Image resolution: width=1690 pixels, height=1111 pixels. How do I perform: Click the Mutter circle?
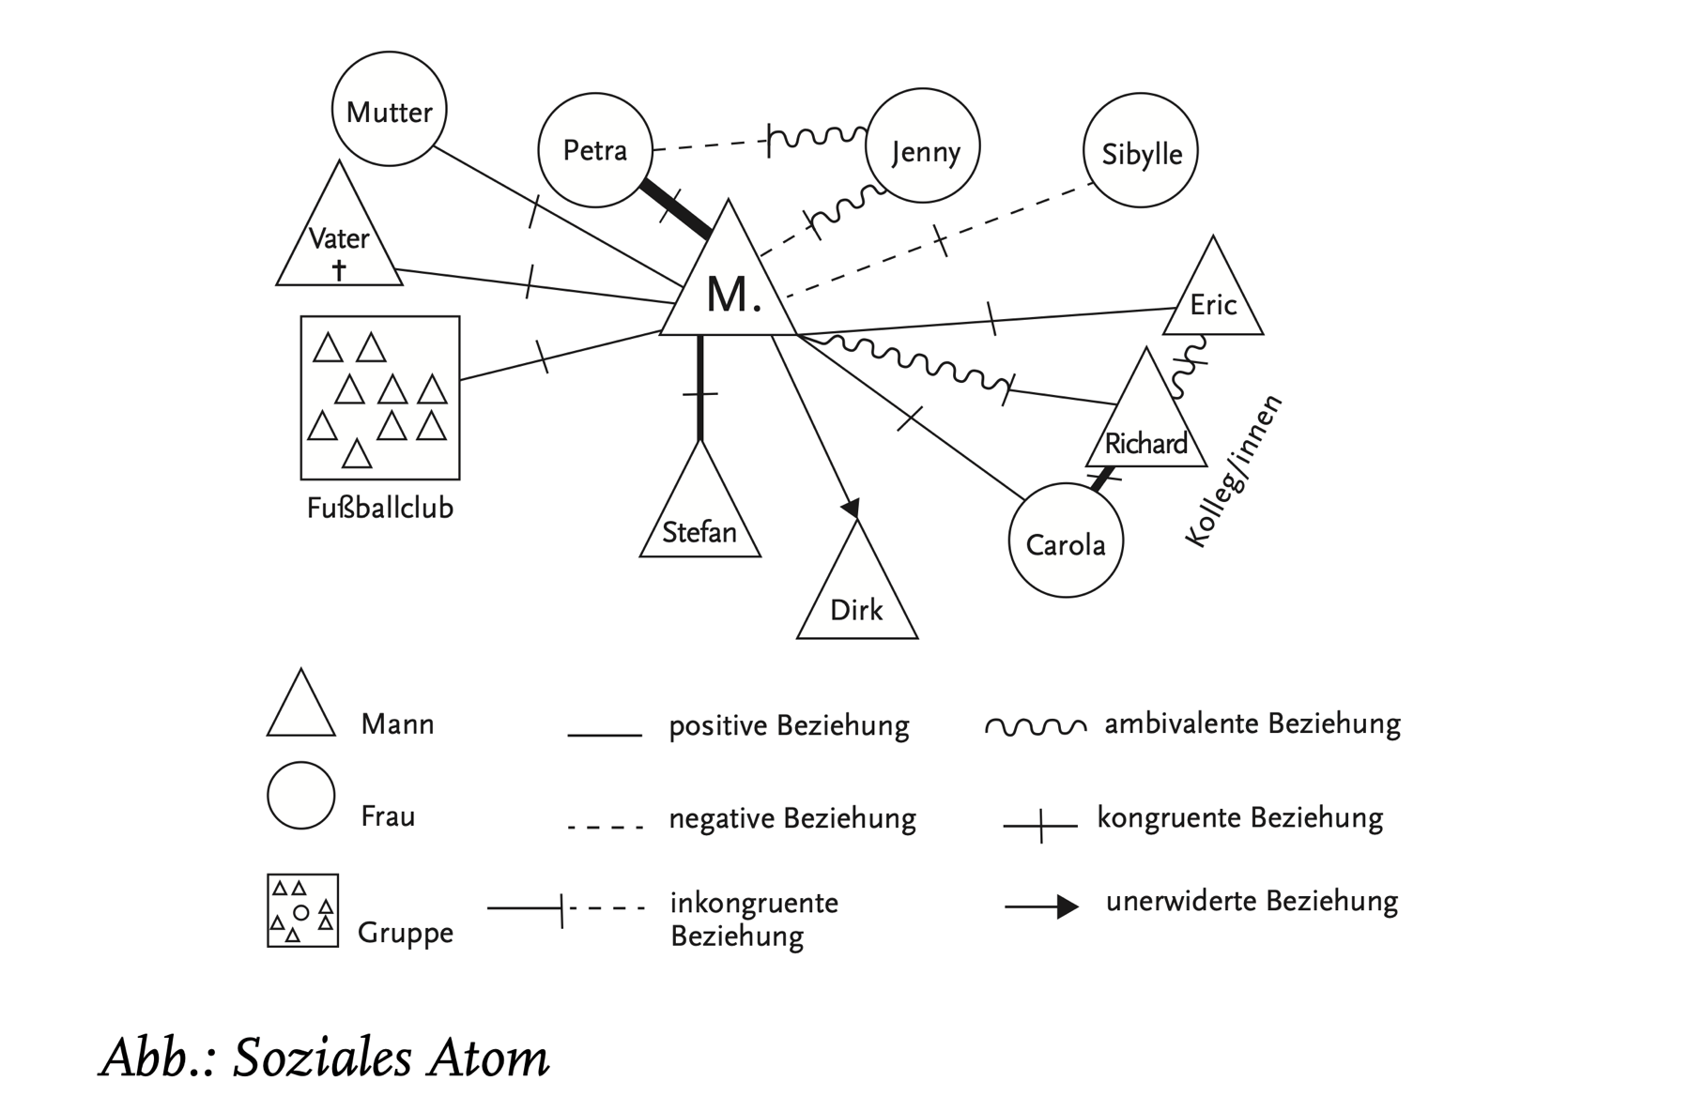[389, 110]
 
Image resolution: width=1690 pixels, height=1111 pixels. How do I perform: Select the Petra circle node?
[595, 149]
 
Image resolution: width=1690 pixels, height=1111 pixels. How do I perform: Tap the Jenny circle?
[922, 146]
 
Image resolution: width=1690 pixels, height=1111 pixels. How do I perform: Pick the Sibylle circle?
[1140, 150]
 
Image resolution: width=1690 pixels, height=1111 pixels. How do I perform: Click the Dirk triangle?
[856, 597]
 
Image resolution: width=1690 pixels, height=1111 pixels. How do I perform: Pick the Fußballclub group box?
[379, 397]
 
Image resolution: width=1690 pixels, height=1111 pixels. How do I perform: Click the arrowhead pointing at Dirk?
[851, 508]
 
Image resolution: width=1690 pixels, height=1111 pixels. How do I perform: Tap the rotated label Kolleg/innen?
[1233, 473]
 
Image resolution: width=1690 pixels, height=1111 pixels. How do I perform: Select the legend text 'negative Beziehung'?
[791, 818]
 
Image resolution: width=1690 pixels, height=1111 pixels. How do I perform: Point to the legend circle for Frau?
[300, 796]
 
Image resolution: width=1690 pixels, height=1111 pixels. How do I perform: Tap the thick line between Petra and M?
[674, 207]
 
